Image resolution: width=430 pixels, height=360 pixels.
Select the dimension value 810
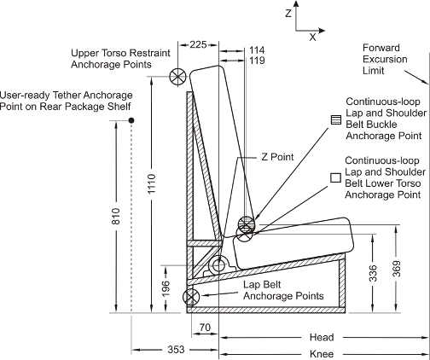tap(117, 218)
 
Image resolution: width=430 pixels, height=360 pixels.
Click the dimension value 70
tap(205, 328)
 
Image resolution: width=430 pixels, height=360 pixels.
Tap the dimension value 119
tap(256, 61)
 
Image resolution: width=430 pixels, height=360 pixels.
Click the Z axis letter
tap(289, 14)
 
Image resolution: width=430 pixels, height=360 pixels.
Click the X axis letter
tap(312, 37)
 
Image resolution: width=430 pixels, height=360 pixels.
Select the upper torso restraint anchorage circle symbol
tap(178, 76)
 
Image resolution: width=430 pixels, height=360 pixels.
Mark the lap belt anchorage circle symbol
tap(192, 298)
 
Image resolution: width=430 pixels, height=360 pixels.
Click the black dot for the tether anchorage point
tap(131, 121)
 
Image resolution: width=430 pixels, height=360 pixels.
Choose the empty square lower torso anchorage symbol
tap(335, 177)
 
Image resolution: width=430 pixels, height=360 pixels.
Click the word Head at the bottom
tap(322, 337)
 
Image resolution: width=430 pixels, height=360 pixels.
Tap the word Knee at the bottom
tap(322, 353)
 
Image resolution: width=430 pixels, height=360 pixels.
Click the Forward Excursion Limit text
tap(383, 59)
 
